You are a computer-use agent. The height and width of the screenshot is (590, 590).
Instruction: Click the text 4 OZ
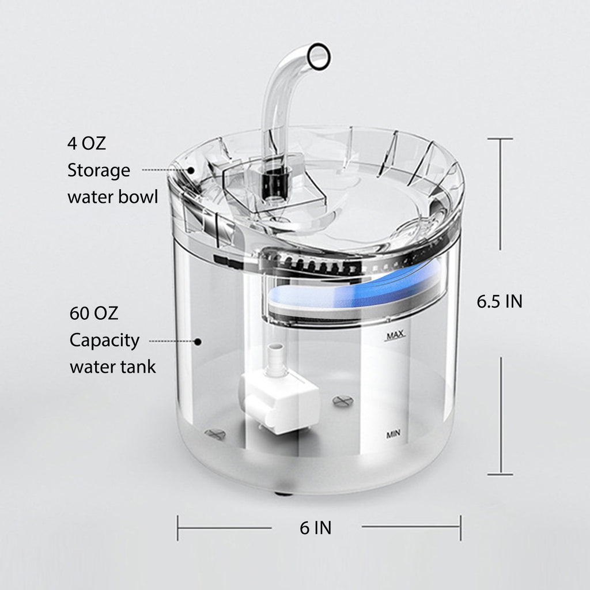click(86, 143)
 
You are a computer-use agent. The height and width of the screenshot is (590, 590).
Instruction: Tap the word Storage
click(99, 171)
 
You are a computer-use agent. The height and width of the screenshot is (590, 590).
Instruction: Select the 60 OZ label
click(93, 313)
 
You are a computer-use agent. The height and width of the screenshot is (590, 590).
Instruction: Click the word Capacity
click(104, 341)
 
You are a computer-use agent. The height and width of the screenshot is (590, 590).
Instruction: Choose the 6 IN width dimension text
click(316, 527)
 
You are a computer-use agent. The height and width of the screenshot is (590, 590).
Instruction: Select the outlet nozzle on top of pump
click(277, 355)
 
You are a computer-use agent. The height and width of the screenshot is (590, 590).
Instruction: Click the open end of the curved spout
click(319, 56)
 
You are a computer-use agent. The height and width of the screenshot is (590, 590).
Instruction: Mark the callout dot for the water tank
click(198, 342)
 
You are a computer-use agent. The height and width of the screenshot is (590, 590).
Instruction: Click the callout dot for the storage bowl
click(190, 170)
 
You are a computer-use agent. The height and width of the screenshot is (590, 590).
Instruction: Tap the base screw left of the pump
click(214, 434)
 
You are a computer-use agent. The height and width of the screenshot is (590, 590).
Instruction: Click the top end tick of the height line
click(500, 139)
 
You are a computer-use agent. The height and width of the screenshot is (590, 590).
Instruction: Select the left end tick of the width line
click(178, 528)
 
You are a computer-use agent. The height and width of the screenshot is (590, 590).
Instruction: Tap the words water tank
click(113, 367)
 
